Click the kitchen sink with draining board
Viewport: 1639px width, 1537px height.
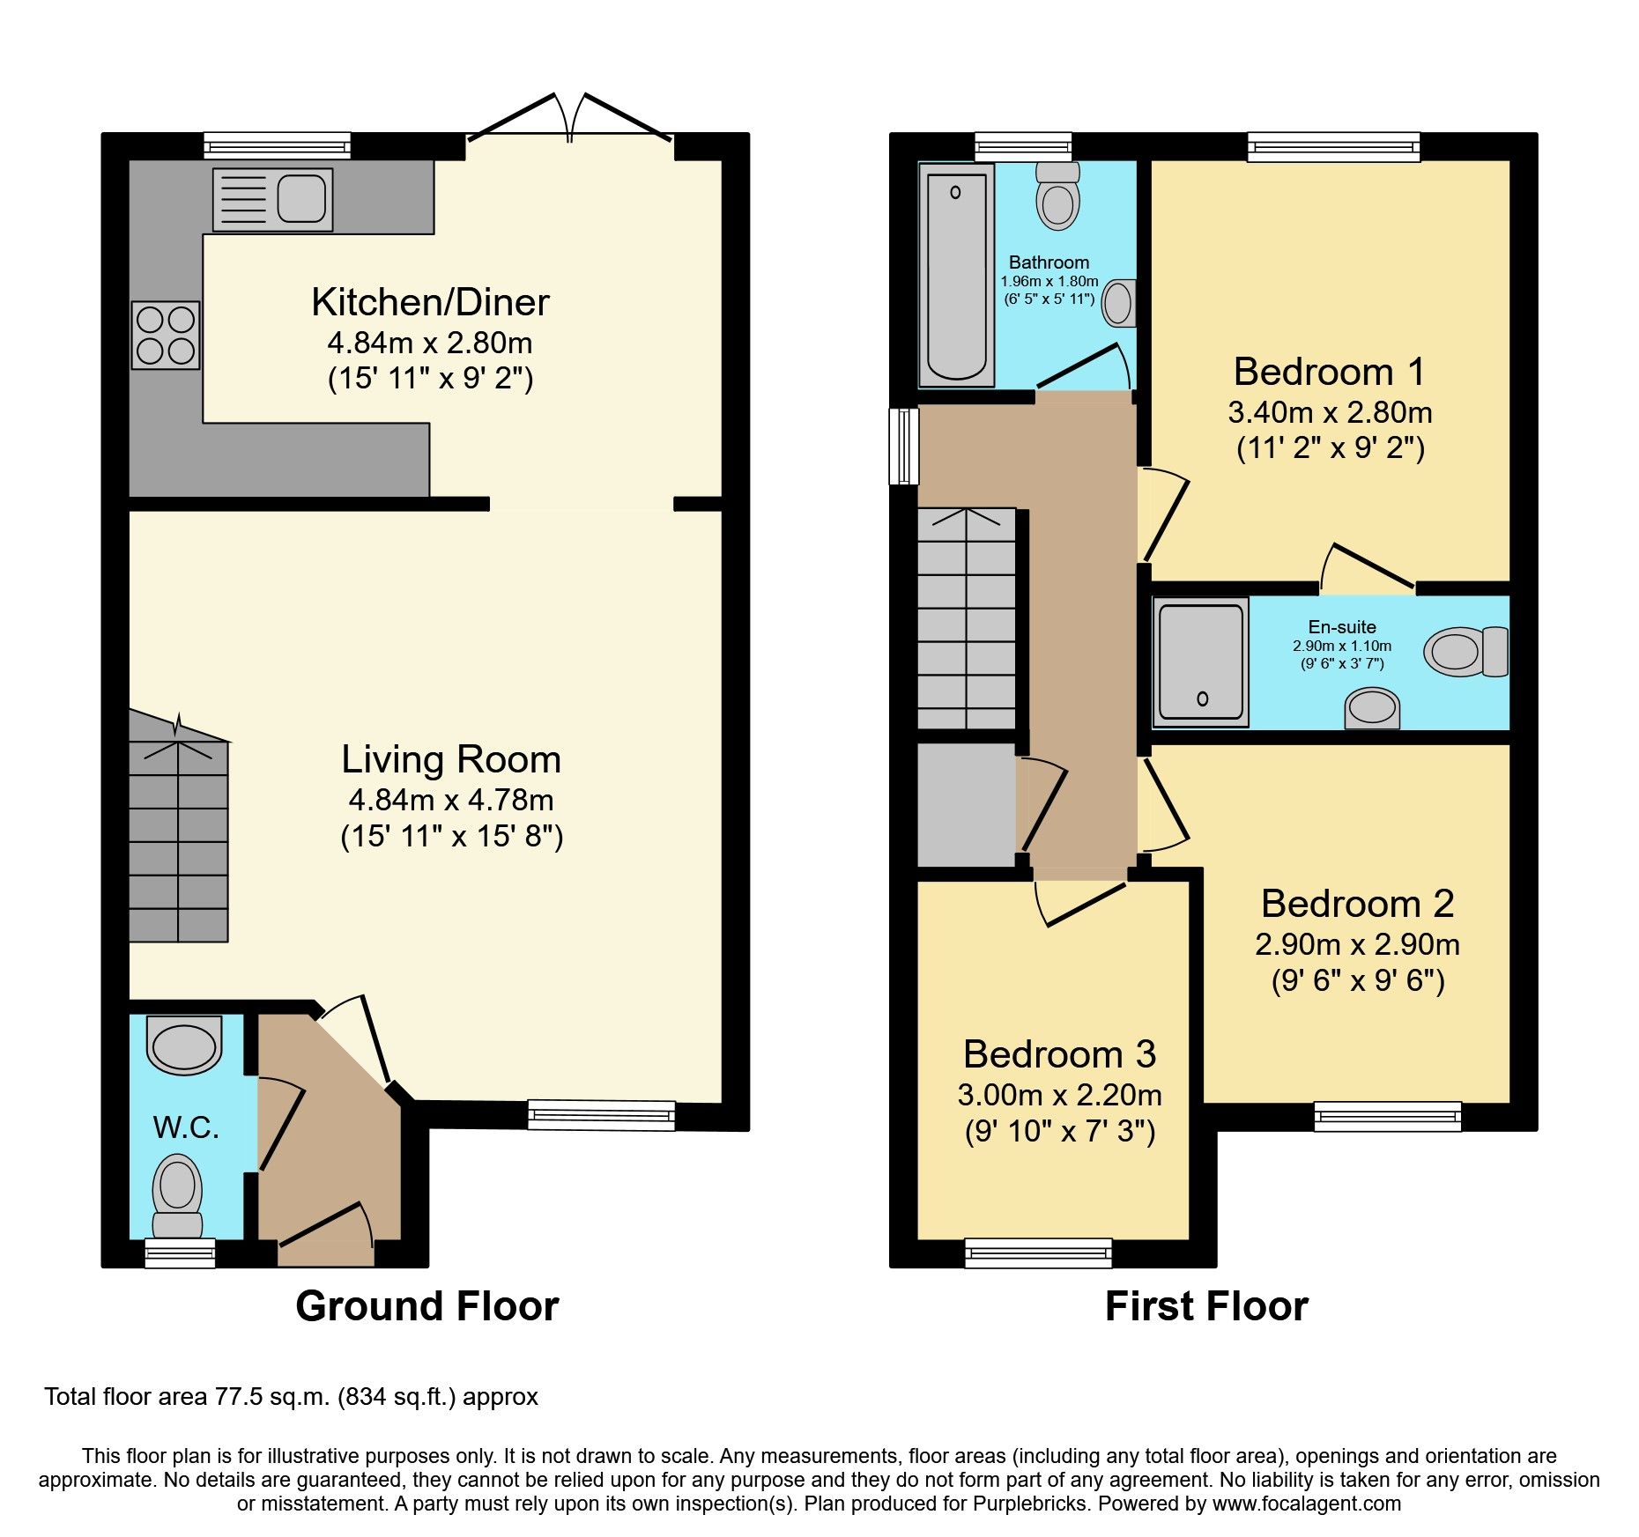tap(272, 200)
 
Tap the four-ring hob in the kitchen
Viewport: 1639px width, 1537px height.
tap(166, 335)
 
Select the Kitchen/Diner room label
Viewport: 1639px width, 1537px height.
tap(430, 302)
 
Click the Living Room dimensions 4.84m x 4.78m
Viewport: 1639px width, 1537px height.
tap(451, 800)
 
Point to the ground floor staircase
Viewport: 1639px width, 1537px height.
tap(179, 837)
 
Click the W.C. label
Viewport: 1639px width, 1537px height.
tap(186, 1127)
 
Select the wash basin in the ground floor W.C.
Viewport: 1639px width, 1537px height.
tap(184, 1046)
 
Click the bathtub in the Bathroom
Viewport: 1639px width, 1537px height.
tap(956, 275)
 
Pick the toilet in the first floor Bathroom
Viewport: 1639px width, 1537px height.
tap(1057, 197)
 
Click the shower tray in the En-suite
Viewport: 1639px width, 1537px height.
tap(1200, 662)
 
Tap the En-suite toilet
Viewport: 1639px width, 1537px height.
tap(1465, 652)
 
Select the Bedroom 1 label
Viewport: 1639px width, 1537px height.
tap(1329, 372)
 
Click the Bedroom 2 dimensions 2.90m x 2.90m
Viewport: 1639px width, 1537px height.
tap(1357, 944)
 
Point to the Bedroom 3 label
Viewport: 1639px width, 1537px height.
tap(1059, 1054)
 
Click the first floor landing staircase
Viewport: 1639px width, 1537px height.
tap(967, 618)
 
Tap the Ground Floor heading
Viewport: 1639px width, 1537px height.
tap(426, 1305)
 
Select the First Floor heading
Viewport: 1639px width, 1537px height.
tap(1205, 1305)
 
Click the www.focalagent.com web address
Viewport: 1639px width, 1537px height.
tap(1307, 1504)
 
